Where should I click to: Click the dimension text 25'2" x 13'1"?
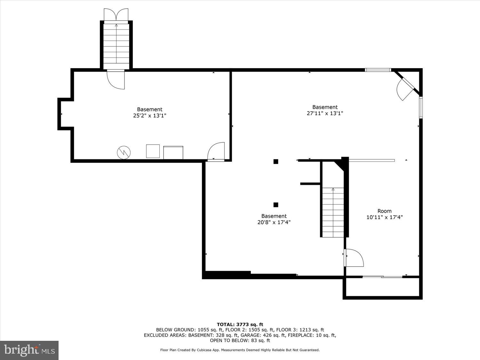click(149, 116)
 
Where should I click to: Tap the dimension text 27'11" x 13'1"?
click(325, 113)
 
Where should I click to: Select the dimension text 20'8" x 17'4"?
click(274, 222)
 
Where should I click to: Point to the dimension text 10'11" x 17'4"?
click(384, 217)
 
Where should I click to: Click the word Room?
click(384, 211)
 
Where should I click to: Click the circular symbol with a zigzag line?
click(124, 152)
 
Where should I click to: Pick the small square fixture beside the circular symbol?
click(153, 151)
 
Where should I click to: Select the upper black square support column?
click(276, 162)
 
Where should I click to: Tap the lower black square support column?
click(276, 205)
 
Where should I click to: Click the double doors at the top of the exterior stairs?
click(116, 15)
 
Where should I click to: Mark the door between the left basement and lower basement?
click(216, 152)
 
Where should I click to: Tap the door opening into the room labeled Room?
click(354, 258)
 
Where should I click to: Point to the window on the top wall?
click(378, 70)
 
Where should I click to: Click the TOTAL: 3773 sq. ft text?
click(240, 324)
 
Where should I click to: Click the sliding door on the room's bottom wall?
click(382, 276)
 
